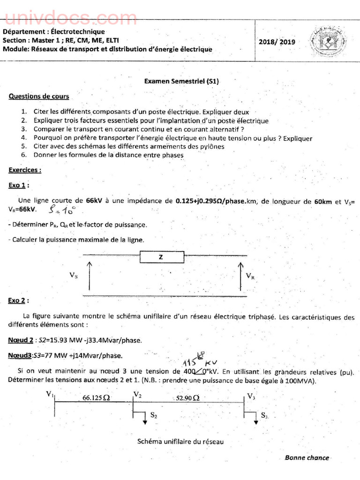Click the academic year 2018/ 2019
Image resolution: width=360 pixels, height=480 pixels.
[x=277, y=42]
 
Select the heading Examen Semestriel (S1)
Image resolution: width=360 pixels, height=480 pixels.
[x=181, y=81]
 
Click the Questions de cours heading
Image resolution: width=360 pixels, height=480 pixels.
[x=39, y=97]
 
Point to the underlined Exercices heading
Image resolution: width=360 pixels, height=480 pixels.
[x=24, y=170]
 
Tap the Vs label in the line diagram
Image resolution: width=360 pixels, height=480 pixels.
[x=74, y=276]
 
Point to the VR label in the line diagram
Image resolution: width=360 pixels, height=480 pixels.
[x=250, y=276]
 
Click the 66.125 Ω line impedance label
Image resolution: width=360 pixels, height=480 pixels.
[x=96, y=397]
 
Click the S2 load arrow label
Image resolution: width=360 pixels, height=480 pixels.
[x=154, y=415]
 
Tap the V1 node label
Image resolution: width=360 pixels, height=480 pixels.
[x=50, y=394]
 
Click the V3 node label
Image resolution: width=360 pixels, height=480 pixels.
[x=251, y=397]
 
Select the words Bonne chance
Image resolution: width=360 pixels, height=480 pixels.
[x=307, y=457]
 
